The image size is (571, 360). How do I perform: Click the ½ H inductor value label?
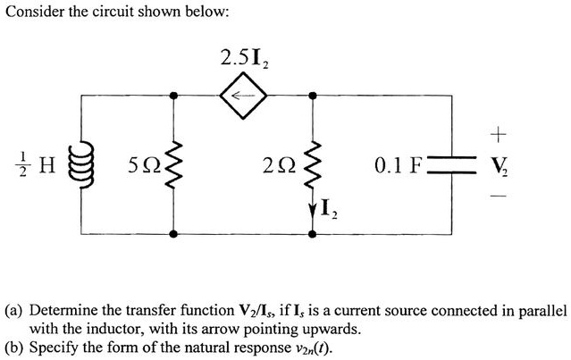click(40, 164)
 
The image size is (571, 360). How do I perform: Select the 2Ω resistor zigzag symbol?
click(314, 164)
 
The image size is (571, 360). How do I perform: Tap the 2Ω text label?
click(278, 165)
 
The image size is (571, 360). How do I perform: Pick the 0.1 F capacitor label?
click(400, 165)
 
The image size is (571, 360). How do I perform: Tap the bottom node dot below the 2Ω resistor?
click(314, 235)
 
